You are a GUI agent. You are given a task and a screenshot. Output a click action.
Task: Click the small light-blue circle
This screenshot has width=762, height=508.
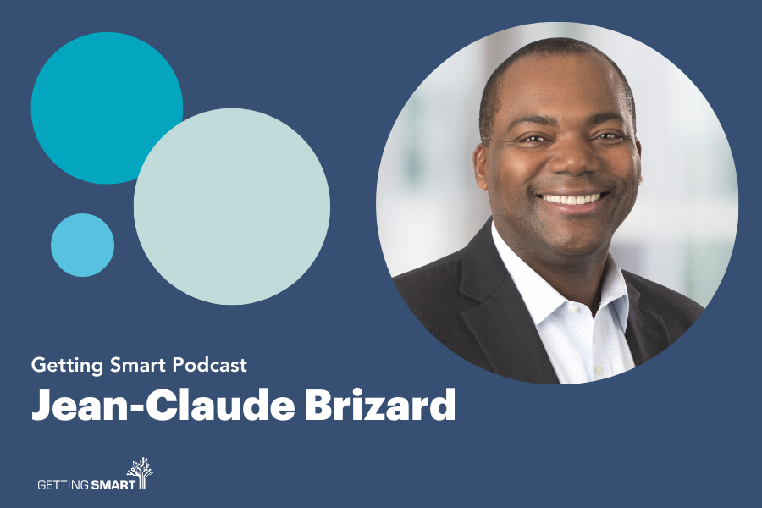pos(83,245)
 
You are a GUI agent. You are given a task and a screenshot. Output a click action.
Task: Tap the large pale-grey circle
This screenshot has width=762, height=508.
pos(232,207)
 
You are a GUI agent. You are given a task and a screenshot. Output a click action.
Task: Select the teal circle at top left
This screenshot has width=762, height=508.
pos(107,108)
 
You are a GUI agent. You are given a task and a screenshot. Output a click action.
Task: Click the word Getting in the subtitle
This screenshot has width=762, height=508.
pos(67,366)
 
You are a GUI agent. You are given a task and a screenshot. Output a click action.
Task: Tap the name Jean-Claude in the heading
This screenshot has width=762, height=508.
pos(163,405)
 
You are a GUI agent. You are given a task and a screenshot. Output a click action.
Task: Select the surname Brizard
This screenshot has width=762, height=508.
pos(380,405)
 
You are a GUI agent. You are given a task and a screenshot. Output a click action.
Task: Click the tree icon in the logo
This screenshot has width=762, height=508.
pos(141,473)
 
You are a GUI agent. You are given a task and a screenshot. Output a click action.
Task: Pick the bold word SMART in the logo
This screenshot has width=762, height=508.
pos(113,484)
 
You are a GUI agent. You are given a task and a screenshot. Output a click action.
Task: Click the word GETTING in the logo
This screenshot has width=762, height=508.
pos(63,484)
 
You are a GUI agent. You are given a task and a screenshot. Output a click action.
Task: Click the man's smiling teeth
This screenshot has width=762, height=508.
pos(572,199)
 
